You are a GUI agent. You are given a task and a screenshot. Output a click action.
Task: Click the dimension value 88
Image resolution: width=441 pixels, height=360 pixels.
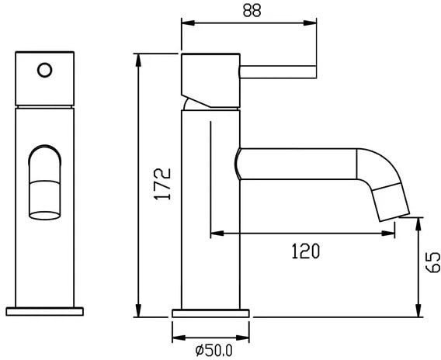252,11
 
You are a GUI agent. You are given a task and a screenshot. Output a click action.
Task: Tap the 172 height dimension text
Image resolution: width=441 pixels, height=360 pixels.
162,184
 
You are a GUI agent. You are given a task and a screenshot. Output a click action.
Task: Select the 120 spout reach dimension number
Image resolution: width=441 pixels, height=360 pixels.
305,251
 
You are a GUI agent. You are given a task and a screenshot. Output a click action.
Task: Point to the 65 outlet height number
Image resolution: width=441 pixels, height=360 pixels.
432,262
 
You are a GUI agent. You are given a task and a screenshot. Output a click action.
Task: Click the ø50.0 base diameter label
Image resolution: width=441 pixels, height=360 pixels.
214,350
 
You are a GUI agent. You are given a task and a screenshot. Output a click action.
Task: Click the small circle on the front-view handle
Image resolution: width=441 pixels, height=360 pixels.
45,70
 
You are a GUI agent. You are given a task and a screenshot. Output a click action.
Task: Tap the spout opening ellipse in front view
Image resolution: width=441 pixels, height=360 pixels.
45,216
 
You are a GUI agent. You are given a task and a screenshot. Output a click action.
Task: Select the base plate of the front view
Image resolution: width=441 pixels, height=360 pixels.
45,312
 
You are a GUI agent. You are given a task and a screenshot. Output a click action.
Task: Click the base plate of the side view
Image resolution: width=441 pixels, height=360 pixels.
210,313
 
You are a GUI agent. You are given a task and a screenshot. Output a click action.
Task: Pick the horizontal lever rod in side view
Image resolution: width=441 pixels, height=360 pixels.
278,72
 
